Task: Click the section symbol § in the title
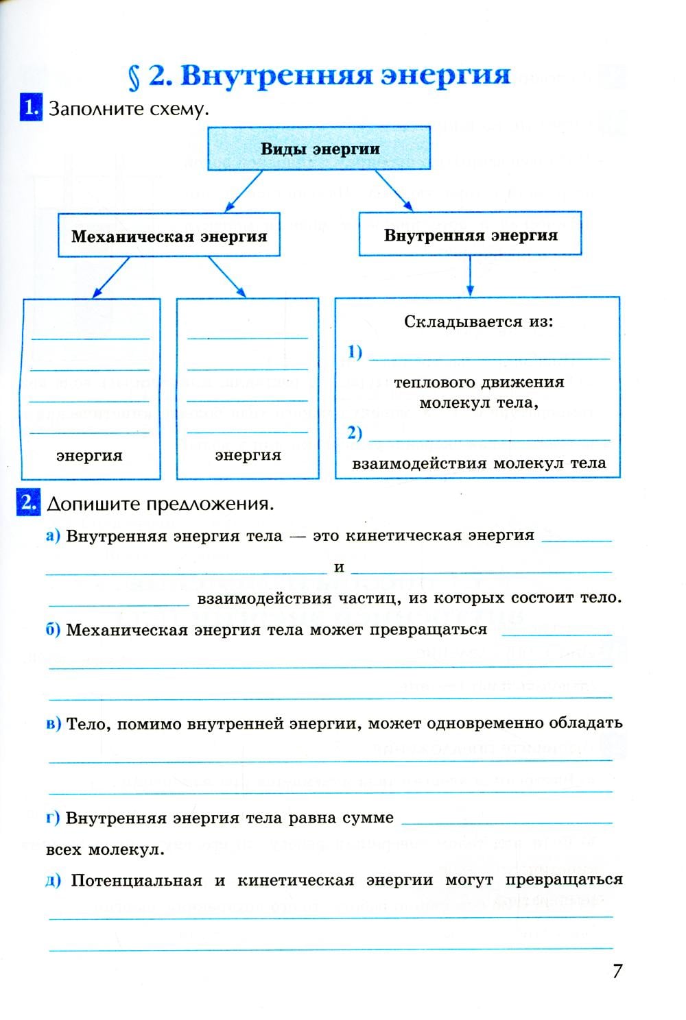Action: pos(135,77)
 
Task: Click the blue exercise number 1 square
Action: pos(30,108)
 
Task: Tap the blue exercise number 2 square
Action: pos(27,502)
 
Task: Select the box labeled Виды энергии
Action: pos(320,148)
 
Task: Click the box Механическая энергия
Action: pos(169,236)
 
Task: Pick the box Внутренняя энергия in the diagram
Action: pos(470,235)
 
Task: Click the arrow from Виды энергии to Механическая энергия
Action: pos(244,191)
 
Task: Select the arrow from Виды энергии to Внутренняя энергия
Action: pos(394,191)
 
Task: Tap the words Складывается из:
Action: pos(477,321)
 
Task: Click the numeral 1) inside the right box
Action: pos(355,352)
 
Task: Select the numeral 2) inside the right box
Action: pos(355,433)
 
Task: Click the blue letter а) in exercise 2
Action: pos(53,536)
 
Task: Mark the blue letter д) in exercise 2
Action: pos(53,881)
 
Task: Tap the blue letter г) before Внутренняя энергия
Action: pos(53,818)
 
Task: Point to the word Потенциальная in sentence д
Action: pos(137,881)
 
